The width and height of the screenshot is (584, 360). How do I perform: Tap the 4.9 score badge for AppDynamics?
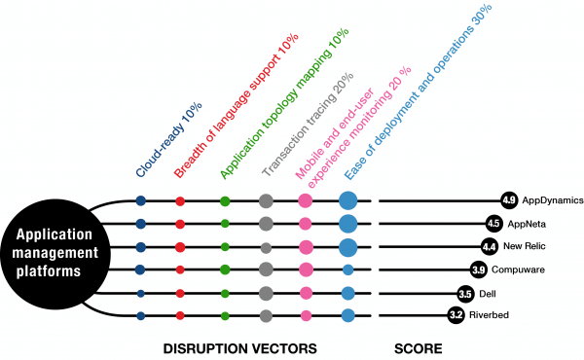tap(508, 200)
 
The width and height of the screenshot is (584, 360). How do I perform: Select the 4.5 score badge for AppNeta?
tap(493, 223)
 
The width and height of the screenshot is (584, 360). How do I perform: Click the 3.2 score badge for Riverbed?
tap(456, 314)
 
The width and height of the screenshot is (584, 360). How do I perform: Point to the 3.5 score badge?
tap(465, 292)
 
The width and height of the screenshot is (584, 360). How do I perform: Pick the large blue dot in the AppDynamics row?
tap(348, 200)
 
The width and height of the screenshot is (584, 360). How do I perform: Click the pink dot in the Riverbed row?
tap(305, 314)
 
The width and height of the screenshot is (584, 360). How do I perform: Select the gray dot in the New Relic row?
tap(266, 246)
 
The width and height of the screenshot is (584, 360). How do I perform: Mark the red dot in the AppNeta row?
tap(180, 224)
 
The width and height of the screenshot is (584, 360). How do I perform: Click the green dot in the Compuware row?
tap(225, 269)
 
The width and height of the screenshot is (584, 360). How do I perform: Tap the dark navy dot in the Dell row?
tap(140, 292)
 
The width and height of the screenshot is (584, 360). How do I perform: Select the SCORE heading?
tap(420, 347)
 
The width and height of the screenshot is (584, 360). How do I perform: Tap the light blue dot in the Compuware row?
tap(348, 269)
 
